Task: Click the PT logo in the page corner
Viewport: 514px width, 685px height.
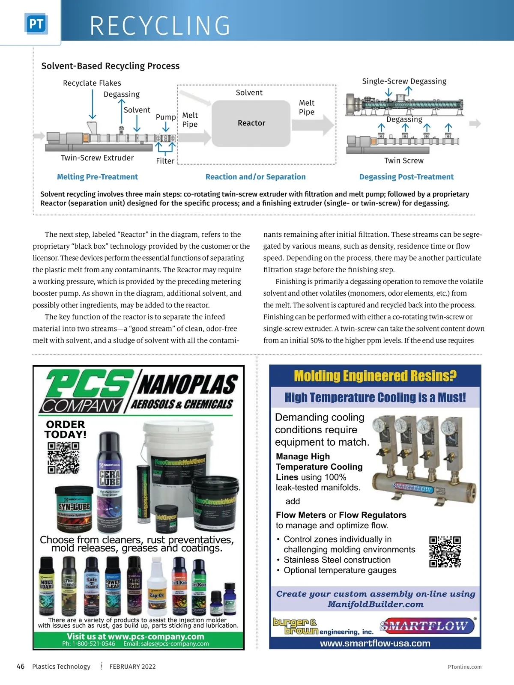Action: [36, 24]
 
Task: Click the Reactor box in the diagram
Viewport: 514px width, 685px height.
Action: [251, 123]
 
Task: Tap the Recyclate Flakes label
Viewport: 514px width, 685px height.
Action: [92, 83]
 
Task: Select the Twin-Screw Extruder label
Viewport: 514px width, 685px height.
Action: [97, 158]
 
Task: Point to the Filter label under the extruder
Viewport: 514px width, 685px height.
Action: [165, 161]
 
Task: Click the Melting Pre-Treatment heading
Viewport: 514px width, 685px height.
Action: [97, 177]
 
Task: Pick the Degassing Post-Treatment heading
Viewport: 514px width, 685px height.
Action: [406, 177]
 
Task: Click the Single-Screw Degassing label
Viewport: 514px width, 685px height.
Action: [404, 81]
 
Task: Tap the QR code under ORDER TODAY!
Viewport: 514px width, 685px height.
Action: [63, 458]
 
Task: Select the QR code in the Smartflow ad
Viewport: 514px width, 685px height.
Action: [445, 552]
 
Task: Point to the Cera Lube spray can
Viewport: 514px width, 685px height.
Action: [110, 471]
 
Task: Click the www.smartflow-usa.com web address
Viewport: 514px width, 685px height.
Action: [375, 643]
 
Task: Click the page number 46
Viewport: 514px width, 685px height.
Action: [21, 666]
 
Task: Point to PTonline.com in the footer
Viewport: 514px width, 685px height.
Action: [464, 667]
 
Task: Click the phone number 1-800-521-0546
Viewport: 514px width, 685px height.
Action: [88, 643]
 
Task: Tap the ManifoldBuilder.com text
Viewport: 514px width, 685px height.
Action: [375, 604]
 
